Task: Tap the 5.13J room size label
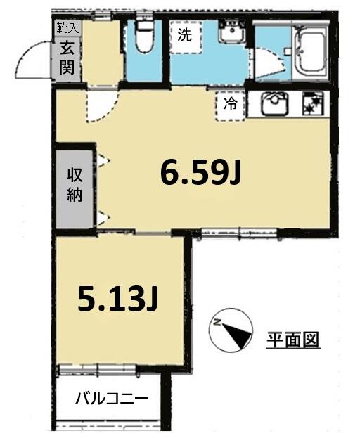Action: click(117, 300)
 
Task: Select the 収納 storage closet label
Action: click(75, 185)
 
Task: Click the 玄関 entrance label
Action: click(68, 58)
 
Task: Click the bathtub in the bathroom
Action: click(307, 49)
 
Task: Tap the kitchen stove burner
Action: click(310, 103)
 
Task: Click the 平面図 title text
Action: click(292, 340)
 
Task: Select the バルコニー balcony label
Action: click(112, 399)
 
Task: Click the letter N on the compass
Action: click(219, 324)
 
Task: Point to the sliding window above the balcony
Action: click(96, 368)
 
